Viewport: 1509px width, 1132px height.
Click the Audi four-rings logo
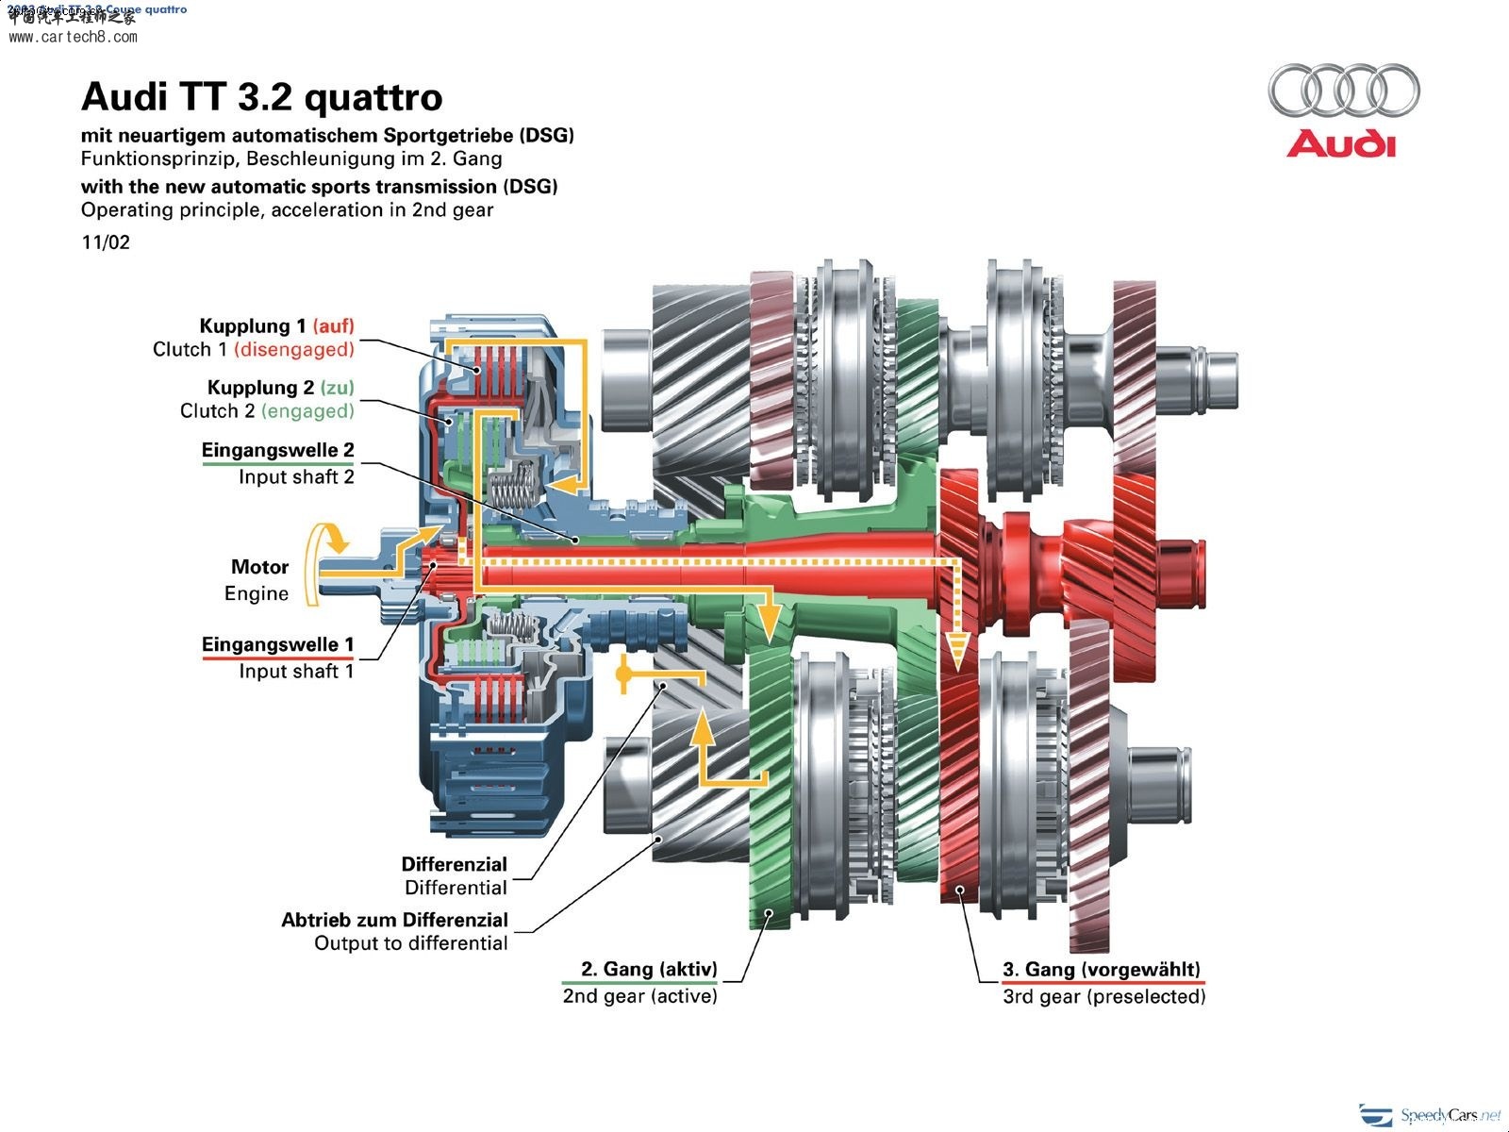click(1343, 91)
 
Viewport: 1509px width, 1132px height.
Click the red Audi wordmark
click(1340, 144)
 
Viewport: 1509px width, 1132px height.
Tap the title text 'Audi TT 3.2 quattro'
click(261, 96)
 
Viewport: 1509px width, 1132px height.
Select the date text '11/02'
click(106, 242)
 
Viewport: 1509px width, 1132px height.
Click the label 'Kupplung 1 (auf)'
click(276, 326)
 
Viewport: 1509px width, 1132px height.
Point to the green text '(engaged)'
click(307, 411)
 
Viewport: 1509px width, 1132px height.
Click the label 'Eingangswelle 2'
click(277, 451)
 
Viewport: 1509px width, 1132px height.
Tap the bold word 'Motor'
click(259, 567)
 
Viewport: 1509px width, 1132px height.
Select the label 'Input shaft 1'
click(295, 672)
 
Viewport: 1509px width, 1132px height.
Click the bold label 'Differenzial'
click(454, 864)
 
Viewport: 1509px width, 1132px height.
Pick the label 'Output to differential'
click(410, 943)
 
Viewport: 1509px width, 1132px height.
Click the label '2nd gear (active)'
click(639, 996)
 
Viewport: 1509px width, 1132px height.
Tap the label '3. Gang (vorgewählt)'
click(1101, 970)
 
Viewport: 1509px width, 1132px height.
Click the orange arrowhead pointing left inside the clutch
click(564, 484)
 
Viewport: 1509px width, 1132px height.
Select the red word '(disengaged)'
click(293, 350)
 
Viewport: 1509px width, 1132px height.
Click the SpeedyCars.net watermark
click(1434, 1115)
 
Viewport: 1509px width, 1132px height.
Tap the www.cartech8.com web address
click(73, 38)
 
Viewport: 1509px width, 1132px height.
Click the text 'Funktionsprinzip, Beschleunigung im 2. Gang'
click(290, 158)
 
